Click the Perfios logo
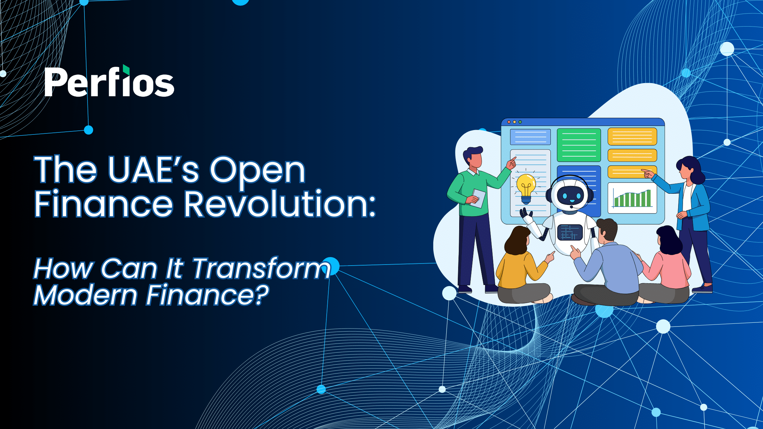coord(109,81)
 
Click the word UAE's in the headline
coord(153,170)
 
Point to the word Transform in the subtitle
coord(261,269)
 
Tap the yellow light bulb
coord(526,189)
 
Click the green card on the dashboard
coord(579,145)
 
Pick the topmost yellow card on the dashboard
coord(632,137)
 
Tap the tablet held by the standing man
coord(479,198)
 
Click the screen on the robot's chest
coord(570,233)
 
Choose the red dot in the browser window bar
coord(509,122)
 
